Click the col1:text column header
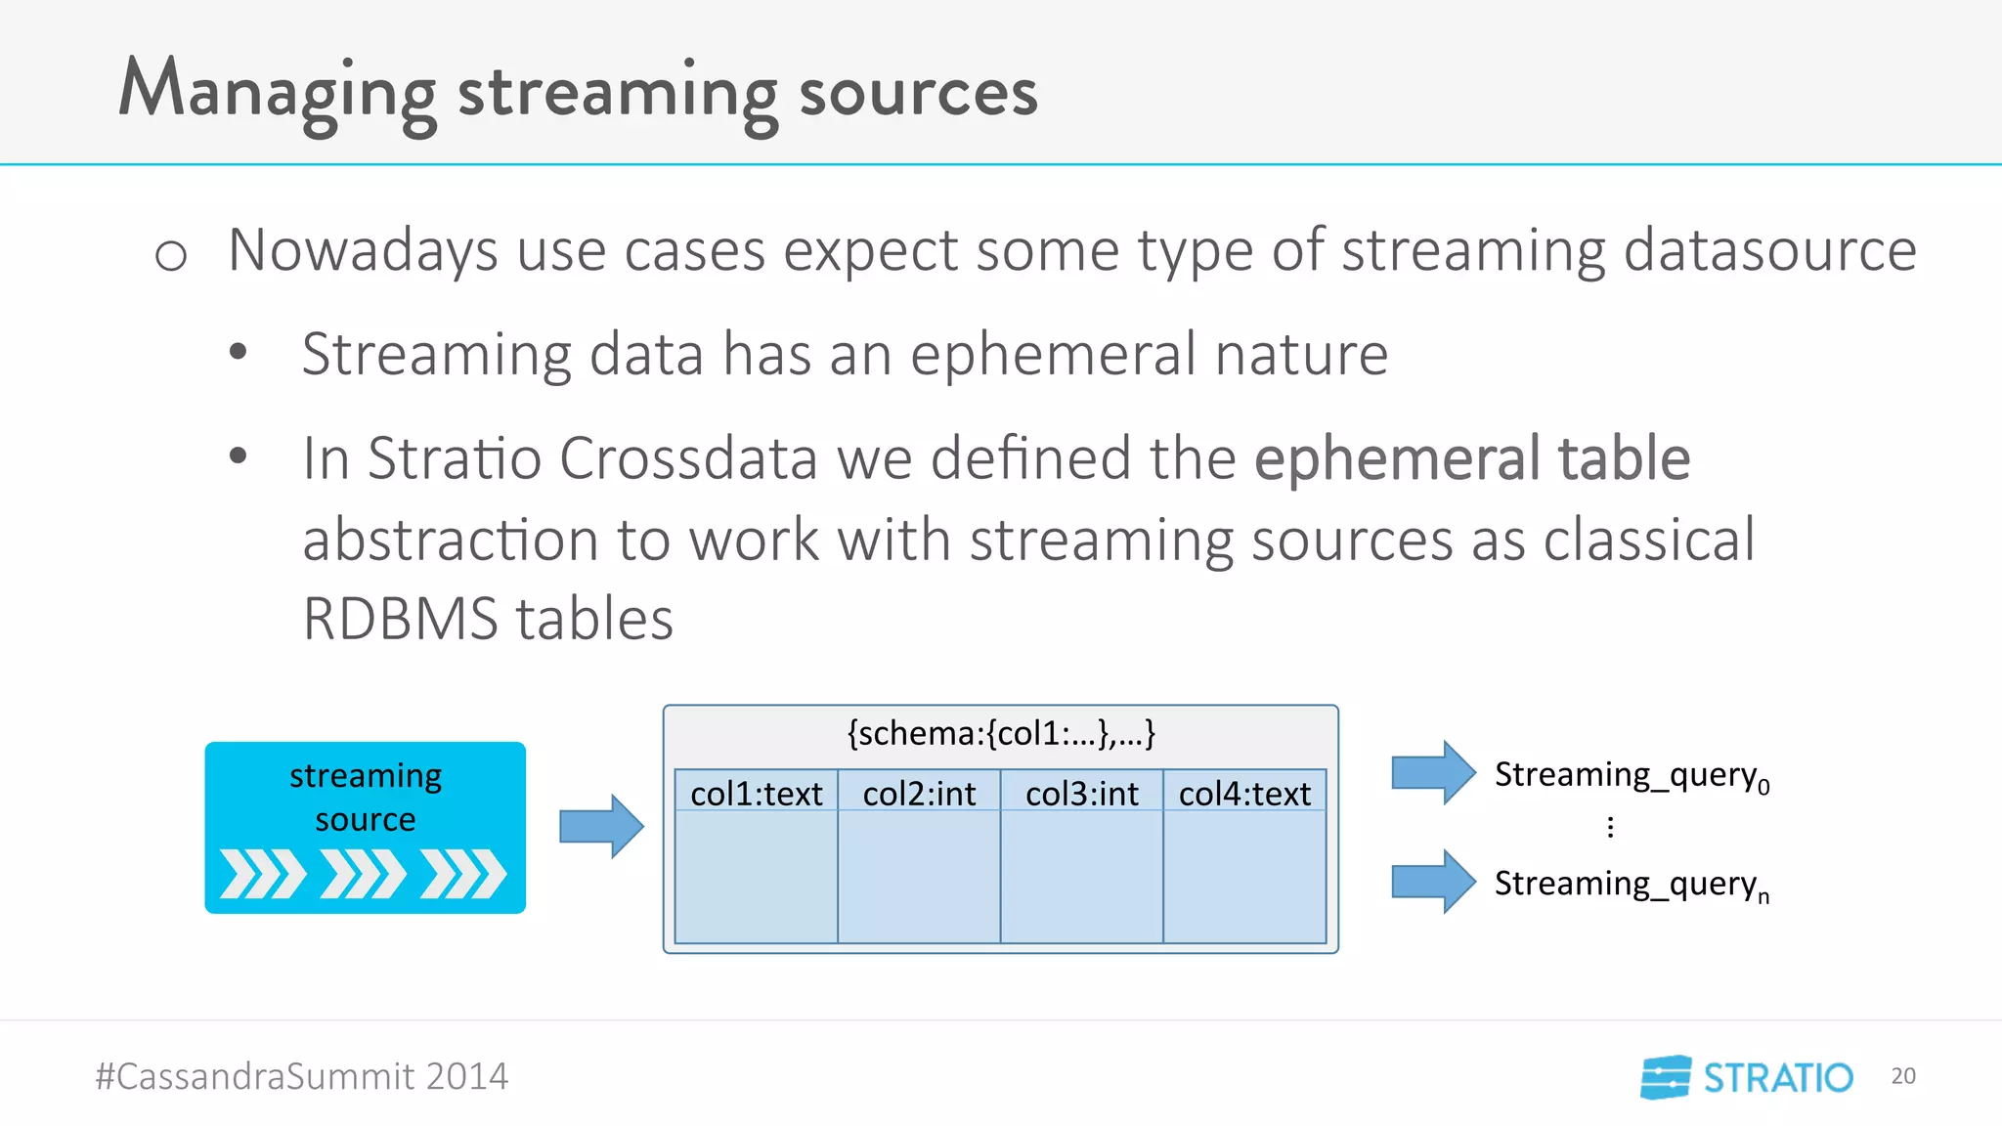[756, 794]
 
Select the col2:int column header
[919, 794]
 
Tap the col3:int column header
[1081, 794]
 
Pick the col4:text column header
[1244, 794]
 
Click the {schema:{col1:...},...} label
[1001, 733]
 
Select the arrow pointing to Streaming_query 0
[1433, 772]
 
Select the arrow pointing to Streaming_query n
[1433, 882]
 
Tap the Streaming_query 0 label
[1631, 775]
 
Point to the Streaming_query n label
[1631, 885]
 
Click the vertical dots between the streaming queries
[1610, 828]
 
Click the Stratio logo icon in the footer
[1666, 1077]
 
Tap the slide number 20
[1902, 1076]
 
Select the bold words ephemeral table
[1471, 457]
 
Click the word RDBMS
[401, 619]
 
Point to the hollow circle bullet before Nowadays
[171, 256]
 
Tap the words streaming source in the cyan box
[366, 797]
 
